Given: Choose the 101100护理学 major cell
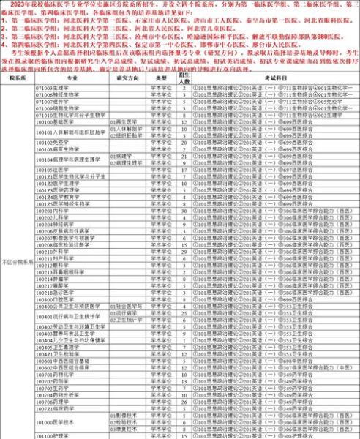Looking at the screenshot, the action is (x=51, y=435).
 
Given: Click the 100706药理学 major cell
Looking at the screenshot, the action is (x=51, y=402).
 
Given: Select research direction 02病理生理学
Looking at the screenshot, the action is (x=128, y=162).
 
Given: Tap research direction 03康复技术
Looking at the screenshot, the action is (x=126, y=427).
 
